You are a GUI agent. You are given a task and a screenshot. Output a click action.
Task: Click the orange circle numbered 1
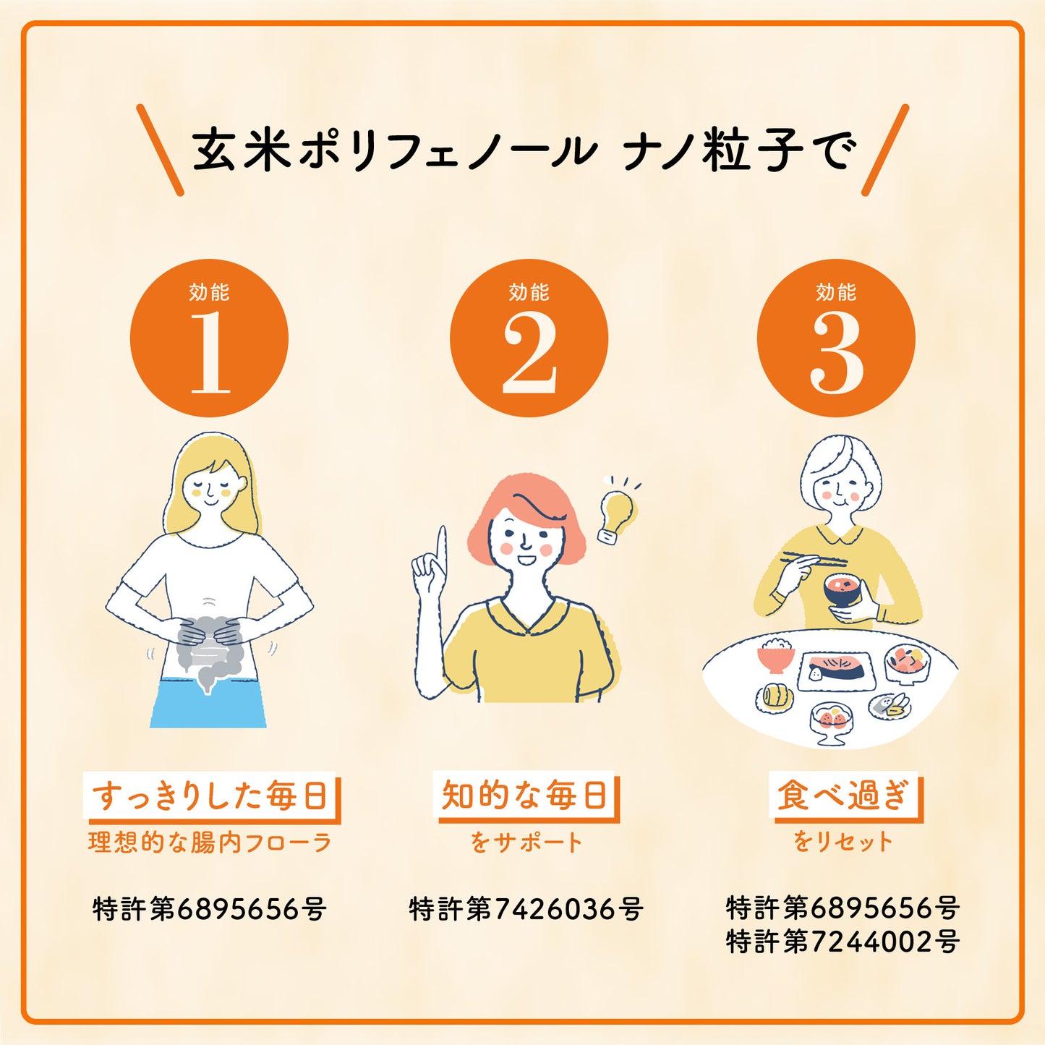click(x=209, y=338)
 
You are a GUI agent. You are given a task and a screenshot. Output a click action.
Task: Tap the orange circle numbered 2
click(x=529, y=338)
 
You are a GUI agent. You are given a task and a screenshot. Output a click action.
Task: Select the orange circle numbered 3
click(x=836, y=338)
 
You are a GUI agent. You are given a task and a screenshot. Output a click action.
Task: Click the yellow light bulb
click(x=617, y=513)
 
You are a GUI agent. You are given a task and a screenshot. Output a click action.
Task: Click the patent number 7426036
click(x=526, y=909)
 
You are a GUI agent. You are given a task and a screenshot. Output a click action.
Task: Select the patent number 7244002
click(x=843, y=942)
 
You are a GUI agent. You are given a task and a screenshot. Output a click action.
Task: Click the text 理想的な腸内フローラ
click(x=209, y=843)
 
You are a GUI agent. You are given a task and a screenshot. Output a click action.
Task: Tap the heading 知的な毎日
click(x=524, y=796)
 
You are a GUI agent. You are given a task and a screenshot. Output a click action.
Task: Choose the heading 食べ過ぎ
click(x=843, y=796)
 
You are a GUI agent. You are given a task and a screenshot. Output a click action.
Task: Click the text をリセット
click(x=843, y=842)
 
